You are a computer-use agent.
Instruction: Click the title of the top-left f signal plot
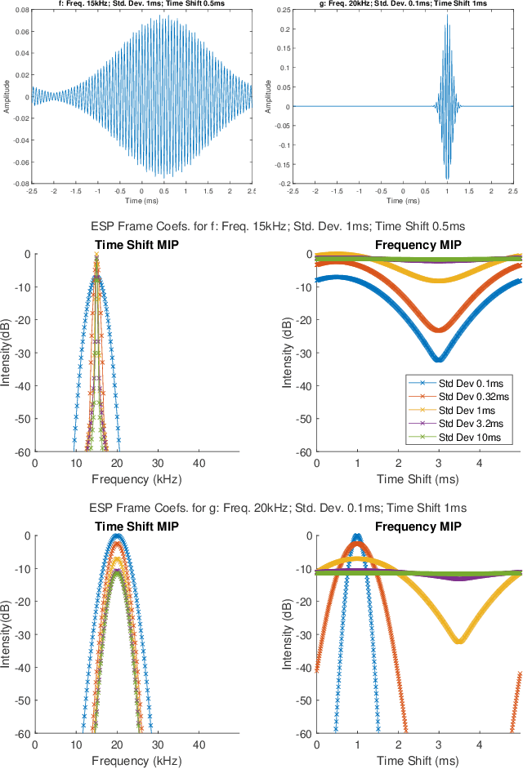tap(142, 4)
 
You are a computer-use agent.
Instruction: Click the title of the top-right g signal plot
tap(402, 4)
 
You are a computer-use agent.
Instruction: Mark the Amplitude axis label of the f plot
tap(7, 97)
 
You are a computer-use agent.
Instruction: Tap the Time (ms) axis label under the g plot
tap(402, 201)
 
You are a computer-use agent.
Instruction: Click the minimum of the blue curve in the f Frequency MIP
tap(439, 360)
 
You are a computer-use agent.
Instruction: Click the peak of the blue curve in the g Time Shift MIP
tap(118, 536)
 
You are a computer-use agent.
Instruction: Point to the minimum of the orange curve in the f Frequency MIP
tap(439, 330)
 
